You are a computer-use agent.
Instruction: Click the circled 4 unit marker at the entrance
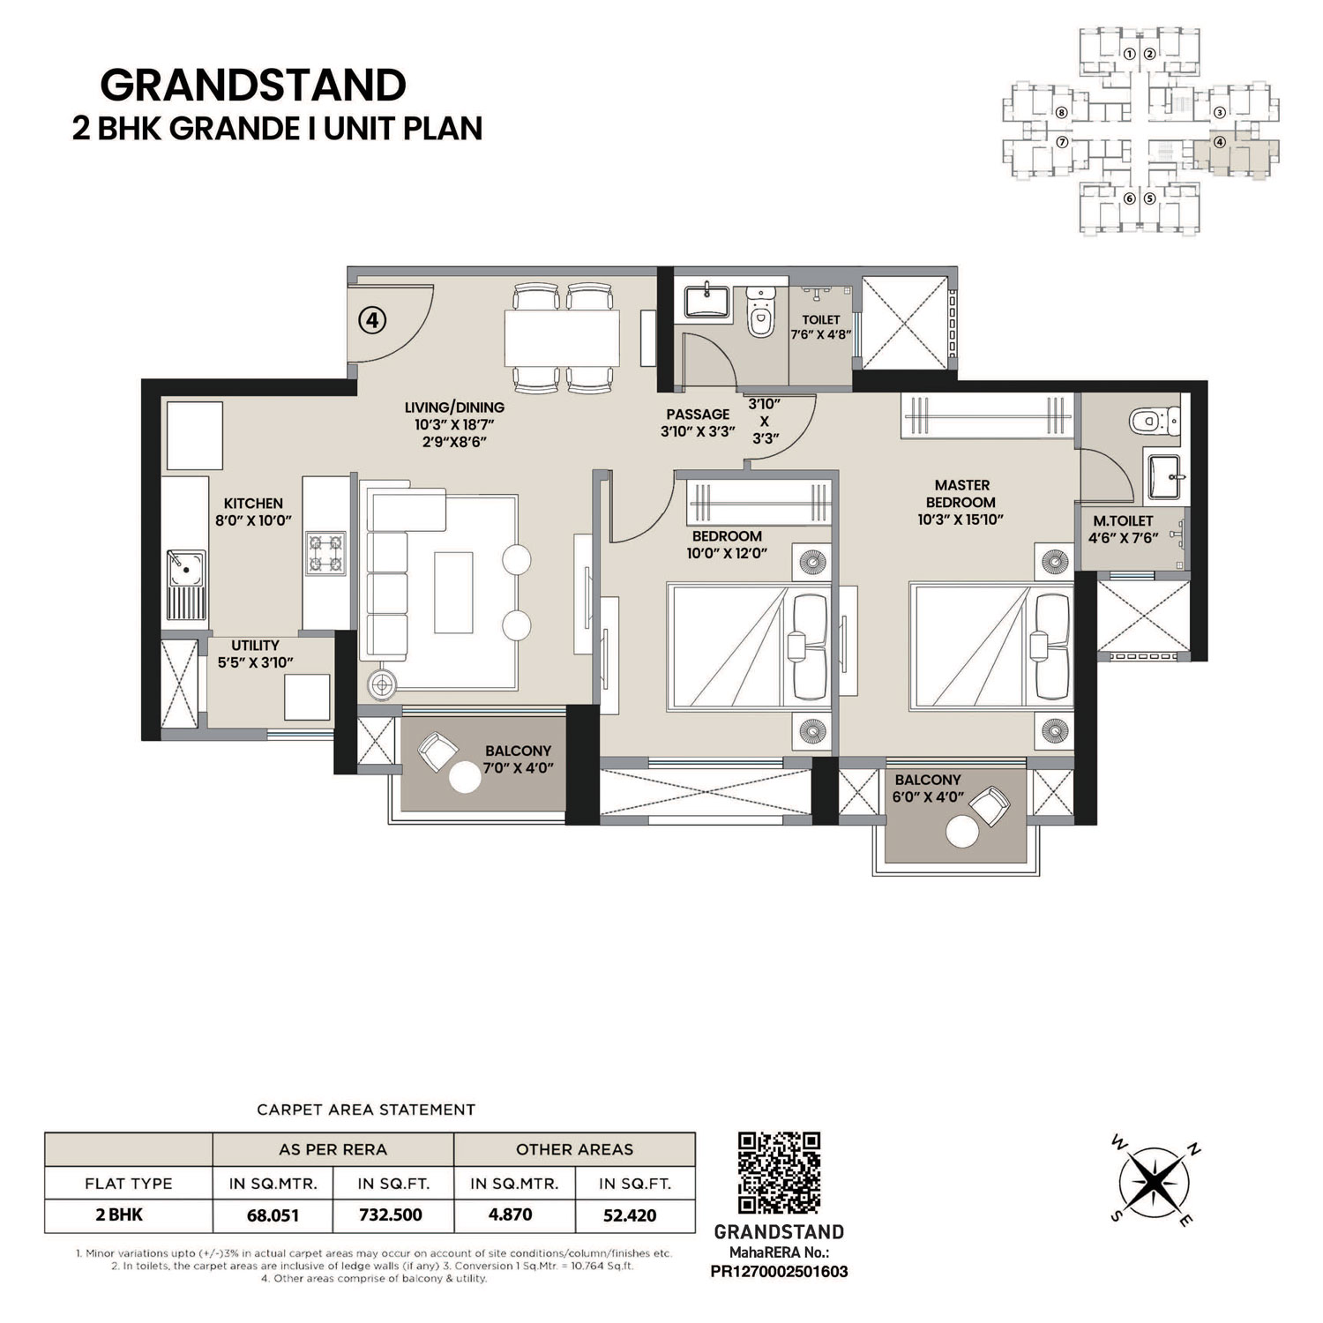372,320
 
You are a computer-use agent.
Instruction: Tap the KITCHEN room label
253,504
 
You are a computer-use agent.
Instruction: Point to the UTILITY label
255,646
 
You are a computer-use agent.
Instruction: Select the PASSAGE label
698,415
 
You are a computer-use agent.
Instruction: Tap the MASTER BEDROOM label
961,493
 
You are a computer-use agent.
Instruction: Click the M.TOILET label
1123,521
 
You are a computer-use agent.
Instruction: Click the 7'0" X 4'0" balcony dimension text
518,767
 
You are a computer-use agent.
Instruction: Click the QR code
779,1173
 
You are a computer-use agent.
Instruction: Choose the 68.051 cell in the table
273,1215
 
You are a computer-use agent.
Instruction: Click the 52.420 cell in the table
629,1215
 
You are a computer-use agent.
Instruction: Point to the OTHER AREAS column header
574,1149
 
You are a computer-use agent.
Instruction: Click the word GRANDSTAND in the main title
253,86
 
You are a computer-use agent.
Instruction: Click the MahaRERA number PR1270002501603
779,1272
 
